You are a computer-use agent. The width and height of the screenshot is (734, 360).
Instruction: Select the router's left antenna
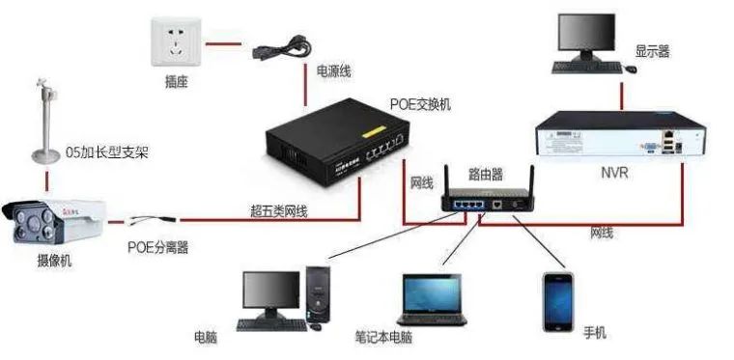click(x=448, y=181)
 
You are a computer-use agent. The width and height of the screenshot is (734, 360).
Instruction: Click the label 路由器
click(x=486, y=175)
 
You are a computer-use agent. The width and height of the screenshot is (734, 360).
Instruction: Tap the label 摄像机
click(x=54, y=261)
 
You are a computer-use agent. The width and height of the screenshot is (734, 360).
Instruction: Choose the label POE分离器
click(x=158, y=247)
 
